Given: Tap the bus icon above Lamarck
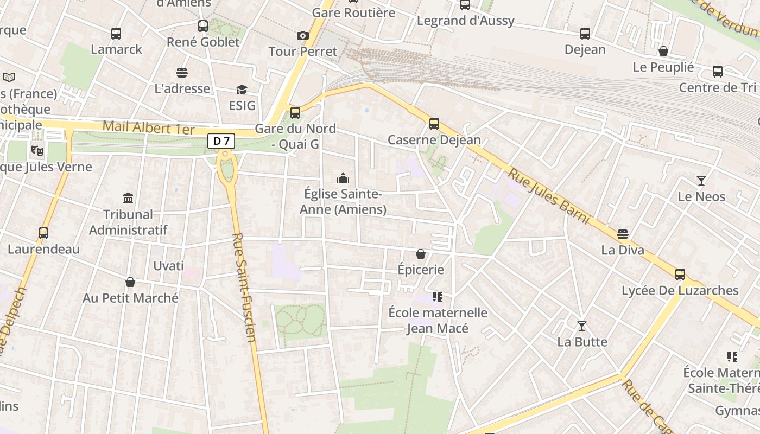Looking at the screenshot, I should pos(116,34).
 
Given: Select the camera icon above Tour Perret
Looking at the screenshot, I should pos(303,36).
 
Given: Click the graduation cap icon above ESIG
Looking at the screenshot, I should pos(242,90).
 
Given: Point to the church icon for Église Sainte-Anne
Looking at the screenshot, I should pos(343,178).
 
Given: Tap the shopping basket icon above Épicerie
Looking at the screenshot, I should pos(421,254).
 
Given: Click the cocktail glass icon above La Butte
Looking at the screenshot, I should pos(582,326).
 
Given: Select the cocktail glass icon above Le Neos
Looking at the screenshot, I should pos(701,181).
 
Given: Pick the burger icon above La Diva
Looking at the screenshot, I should pos(623,234).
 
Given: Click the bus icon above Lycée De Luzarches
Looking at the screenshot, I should pos(680,275).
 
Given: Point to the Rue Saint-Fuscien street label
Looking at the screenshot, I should pos(244,288).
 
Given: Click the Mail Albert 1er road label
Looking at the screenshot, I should pos(148,128).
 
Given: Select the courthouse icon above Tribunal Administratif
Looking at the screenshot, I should pos(128,198).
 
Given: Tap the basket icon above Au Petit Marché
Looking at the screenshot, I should pos(130,282).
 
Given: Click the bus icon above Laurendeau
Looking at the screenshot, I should pos(43,233).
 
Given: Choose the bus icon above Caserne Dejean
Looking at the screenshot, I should pos(434,124).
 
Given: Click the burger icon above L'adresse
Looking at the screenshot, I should pos(182,73).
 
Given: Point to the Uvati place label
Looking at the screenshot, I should pos(168,266).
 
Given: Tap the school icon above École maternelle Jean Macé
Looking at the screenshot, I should pos(438,297).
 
